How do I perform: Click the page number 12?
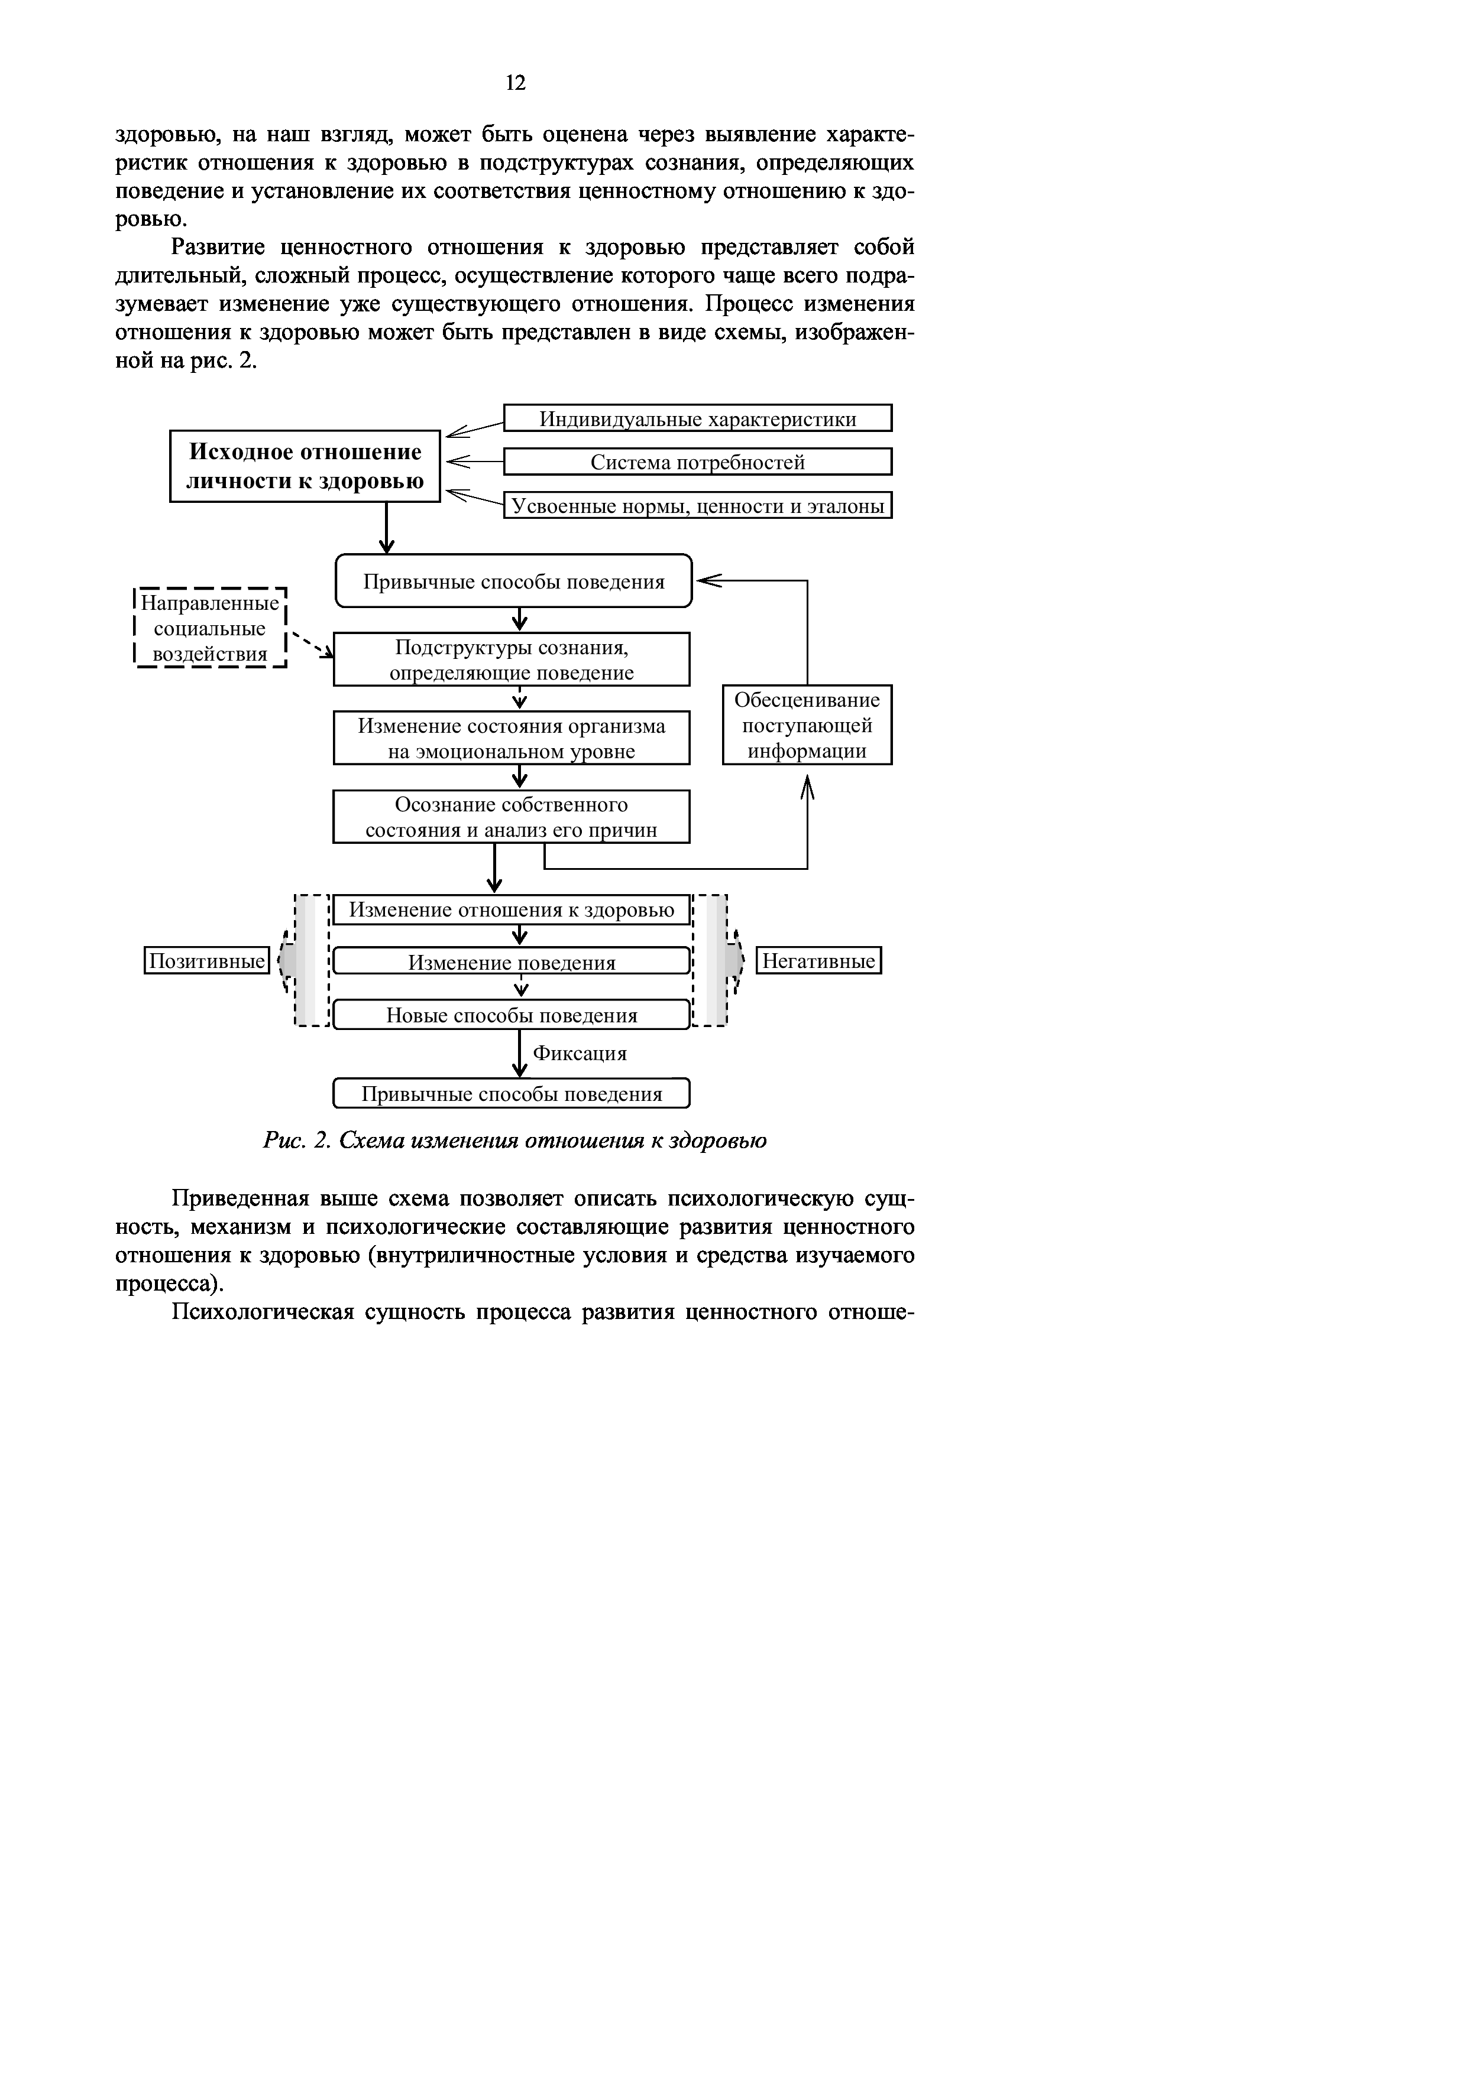point(515,84)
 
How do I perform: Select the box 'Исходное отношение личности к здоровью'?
point(305,466)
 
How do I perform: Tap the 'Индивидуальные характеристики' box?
point(697,418)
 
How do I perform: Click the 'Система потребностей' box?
point(697,462)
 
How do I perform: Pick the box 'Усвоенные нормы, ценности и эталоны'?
point(697,506)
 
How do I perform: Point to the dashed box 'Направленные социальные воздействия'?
point(209,628)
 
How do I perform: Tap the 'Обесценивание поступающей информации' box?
point(807,725)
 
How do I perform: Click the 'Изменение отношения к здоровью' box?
point(512,910)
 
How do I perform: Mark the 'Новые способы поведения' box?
point(512,1015)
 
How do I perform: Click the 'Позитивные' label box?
point(207,961)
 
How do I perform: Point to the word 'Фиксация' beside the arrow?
point(580,1054)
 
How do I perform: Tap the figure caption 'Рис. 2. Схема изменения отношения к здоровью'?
point(515,1141)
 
